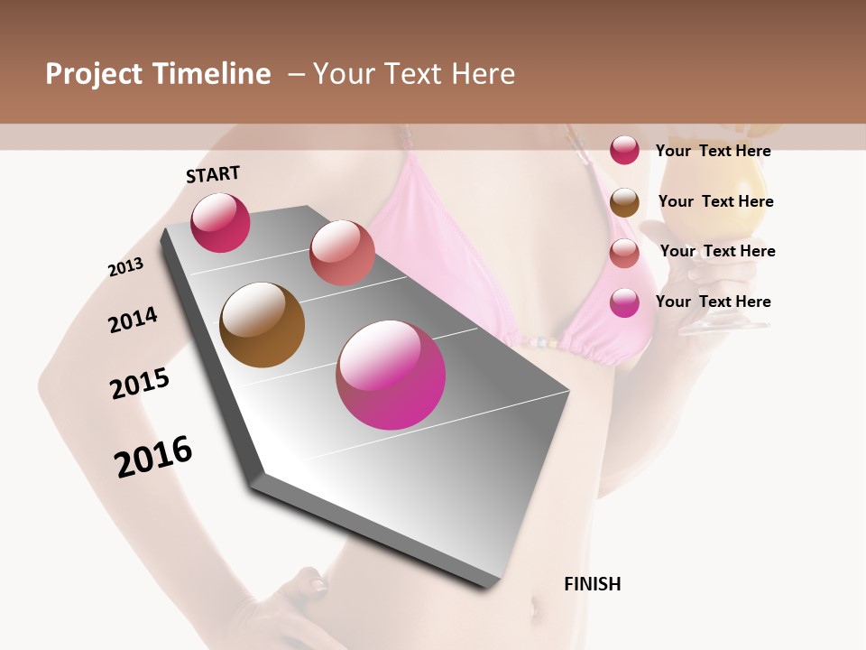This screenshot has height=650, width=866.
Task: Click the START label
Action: (213, 174)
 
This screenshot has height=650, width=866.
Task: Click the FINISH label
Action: (593, 584)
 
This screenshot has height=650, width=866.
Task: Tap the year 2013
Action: (125, 267)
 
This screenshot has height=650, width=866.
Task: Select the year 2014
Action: (133, 320)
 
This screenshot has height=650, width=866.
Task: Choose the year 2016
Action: (153, 457)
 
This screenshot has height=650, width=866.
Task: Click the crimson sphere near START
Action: (220, 223)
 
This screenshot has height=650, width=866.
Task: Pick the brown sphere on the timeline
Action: (262, 325)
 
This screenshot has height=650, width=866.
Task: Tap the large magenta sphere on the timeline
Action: (391, 375)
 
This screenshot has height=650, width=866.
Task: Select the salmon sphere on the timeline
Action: (342, 253)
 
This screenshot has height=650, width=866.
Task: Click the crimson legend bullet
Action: (624, 150)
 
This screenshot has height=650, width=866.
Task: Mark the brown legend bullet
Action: (624, 202)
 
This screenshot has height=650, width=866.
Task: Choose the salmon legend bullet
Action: (624, 253)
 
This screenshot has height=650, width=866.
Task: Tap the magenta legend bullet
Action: (624, 302)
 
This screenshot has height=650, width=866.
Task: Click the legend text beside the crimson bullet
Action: (714, 151)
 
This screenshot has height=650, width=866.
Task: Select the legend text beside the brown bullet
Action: (715, 201)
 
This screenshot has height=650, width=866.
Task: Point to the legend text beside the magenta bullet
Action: (714, 302)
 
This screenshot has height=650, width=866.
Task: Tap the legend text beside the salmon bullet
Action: (717, 251)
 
